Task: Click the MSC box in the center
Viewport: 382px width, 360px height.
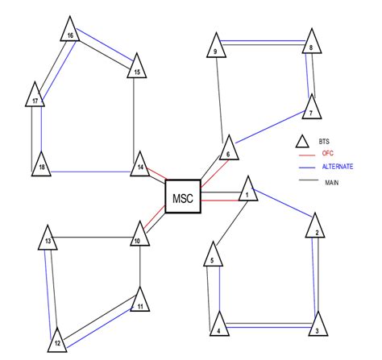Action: (x=183, y=197)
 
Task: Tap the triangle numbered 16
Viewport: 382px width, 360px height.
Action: (x=70, y=33)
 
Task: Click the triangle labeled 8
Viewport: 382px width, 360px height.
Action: (x=311, y=44)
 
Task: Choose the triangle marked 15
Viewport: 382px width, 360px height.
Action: (x=138, y=68)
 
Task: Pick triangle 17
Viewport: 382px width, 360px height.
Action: (x=36, y=97)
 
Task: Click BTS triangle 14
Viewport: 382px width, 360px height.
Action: (x=140, y=163)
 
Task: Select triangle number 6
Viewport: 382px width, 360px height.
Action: (x=228, y=150)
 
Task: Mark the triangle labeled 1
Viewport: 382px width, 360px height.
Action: (x=247, y=191)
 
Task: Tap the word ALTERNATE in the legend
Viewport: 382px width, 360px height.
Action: (x=337, y=166)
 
